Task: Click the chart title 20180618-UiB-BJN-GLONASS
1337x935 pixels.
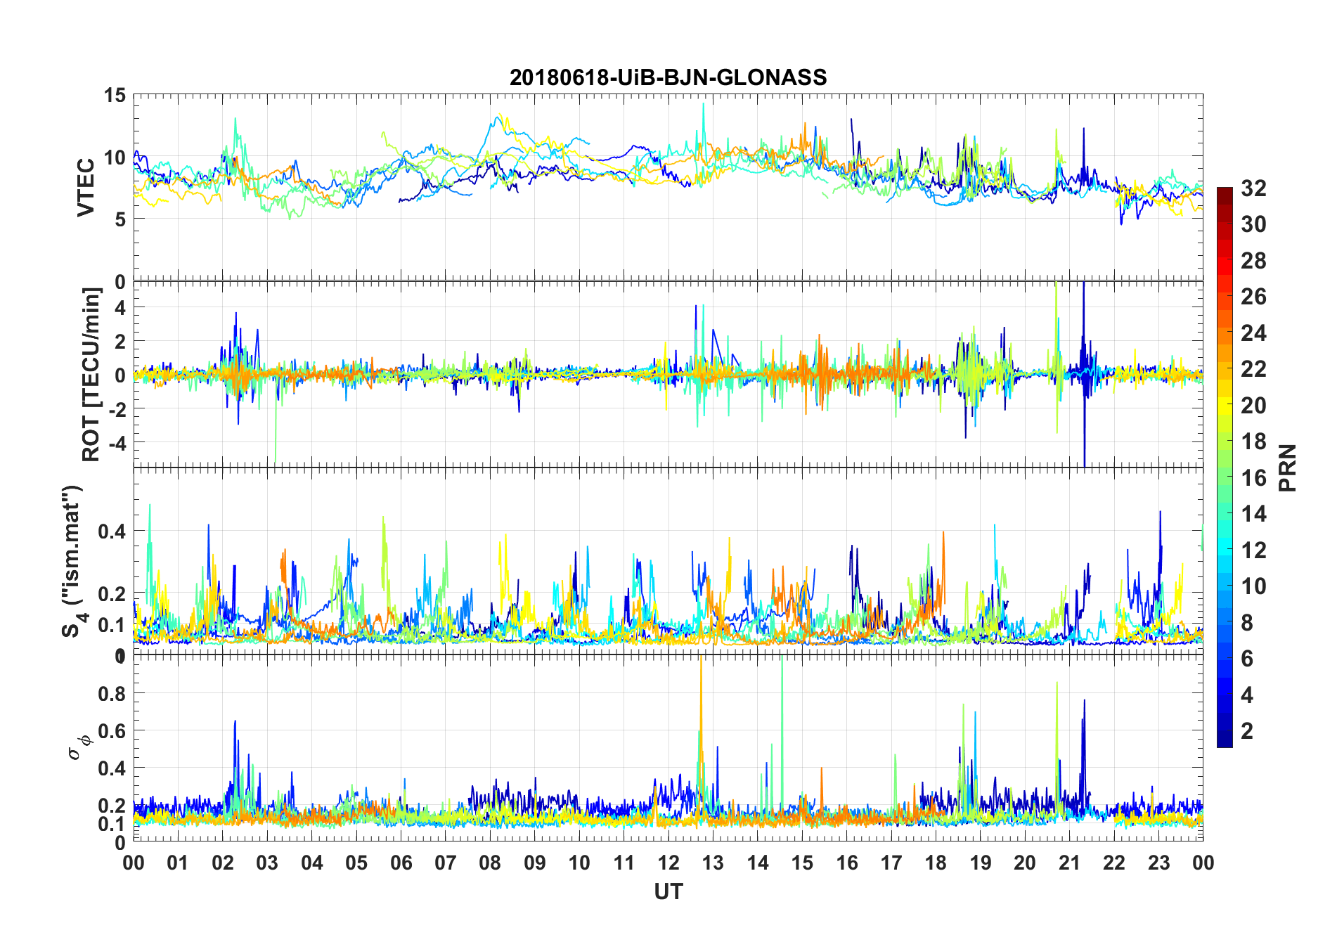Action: click(668, 77)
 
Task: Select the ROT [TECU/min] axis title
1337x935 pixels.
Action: click(91, 374)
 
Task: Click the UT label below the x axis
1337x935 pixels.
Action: click(668, 891)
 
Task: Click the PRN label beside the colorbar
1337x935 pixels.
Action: click(1288, 468)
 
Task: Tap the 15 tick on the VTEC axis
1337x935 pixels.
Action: click(115, 96)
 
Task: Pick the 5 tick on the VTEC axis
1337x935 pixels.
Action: click(120, 219)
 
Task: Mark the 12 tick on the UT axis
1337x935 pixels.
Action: click(668, 863)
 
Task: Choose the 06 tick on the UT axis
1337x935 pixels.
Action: click(401, 863)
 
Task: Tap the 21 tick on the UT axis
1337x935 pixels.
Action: click(1069, 863)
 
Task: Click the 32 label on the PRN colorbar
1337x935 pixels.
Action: click(1253, 188)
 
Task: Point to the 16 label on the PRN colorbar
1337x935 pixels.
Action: click(1253, 478)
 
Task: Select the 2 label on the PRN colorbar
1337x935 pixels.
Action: click(1247, 731)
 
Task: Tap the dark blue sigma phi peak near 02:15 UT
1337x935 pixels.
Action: click(235, 723)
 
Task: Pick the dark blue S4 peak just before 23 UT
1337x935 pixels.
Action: click(1160, 513)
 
